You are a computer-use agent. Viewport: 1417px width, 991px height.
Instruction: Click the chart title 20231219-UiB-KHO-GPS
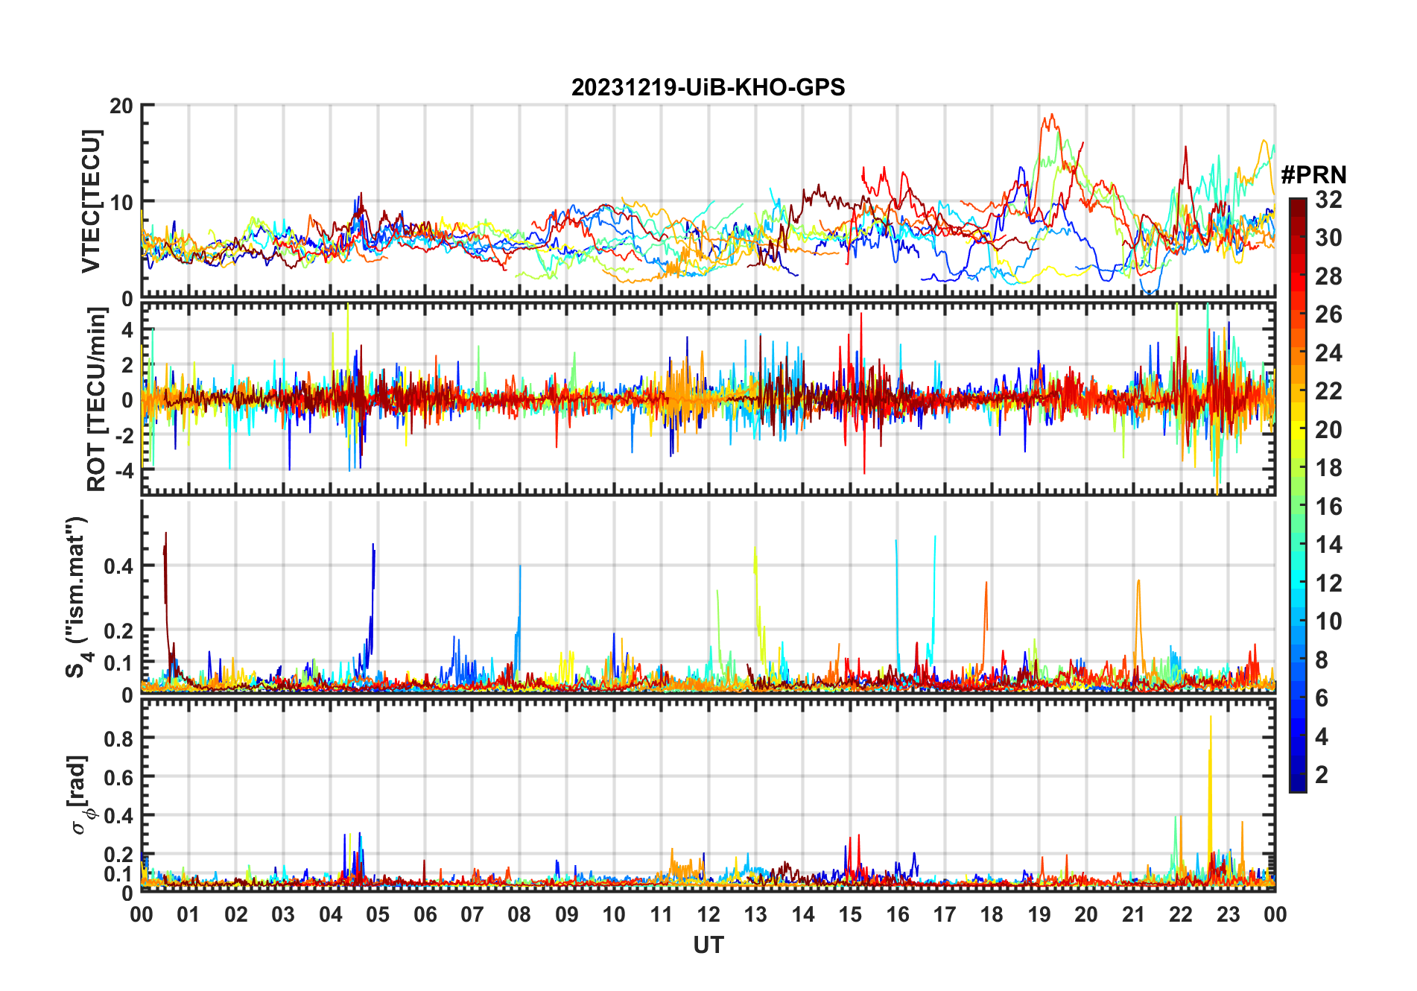click(x=708, y=88)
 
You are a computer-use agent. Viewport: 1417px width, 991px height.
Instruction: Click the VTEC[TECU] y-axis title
click(x=91, y=201)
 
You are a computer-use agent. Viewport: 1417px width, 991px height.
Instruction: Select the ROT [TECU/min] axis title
click(x=97, y=399)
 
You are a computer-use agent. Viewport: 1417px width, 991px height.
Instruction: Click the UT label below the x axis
click(x=708, y=946)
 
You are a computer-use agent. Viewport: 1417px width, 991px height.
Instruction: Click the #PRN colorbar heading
click(x=1313, y=175)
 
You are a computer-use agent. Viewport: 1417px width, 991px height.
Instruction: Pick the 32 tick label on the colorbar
click(x=1328, y=200)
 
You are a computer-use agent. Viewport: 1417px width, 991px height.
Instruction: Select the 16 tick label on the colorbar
click(x=1328, y=507)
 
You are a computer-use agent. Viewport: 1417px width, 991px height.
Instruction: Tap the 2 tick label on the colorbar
click(x=1322, y=775)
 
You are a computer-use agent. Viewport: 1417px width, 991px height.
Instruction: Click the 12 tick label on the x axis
click(x=708, y=915)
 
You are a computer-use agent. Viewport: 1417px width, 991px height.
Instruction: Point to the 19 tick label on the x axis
click(x=1039, y=915)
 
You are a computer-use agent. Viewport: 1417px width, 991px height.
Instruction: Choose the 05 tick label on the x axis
click(x=378, y=915)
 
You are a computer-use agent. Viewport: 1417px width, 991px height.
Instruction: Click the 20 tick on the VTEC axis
click(x=121, y=106)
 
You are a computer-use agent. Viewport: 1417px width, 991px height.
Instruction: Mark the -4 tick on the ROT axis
click(x=121, y=471)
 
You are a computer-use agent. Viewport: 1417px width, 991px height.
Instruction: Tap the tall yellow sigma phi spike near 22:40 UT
click(x=1210, y=719)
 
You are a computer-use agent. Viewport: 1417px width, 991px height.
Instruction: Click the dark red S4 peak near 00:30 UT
click(x=165, y=535)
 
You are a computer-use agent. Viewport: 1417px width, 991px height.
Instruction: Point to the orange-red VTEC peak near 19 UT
click(x=1051, y=115)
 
